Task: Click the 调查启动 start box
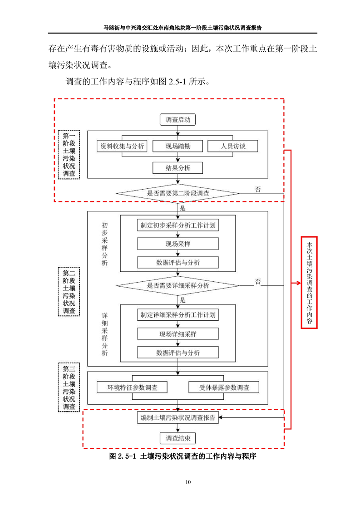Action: pos(178,120)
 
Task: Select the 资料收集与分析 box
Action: pos(122,146)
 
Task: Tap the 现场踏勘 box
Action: pos(178,146)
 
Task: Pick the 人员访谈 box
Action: pos(232,146)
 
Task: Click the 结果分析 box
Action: pos(178,168)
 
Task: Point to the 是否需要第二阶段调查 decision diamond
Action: pos(178,193)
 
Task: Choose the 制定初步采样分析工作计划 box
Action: pos(178,225)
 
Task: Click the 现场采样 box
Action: pos(178,244)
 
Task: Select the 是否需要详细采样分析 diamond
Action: pos(178,285)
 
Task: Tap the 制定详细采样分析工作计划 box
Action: pos(178,315)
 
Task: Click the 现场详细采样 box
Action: pos(178,334)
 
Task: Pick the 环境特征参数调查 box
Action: pos(132,387)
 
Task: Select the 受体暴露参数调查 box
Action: pos(224,387)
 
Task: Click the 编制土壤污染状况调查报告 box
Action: pos(178,418)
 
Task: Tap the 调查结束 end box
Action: pos(178,438)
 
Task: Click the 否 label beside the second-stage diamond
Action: pos(258,189)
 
